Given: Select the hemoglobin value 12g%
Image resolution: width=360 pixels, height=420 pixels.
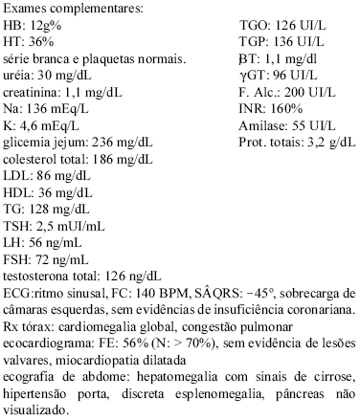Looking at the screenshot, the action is point(45,27).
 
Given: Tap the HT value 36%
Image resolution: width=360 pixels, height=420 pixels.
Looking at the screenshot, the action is point(43,43).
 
